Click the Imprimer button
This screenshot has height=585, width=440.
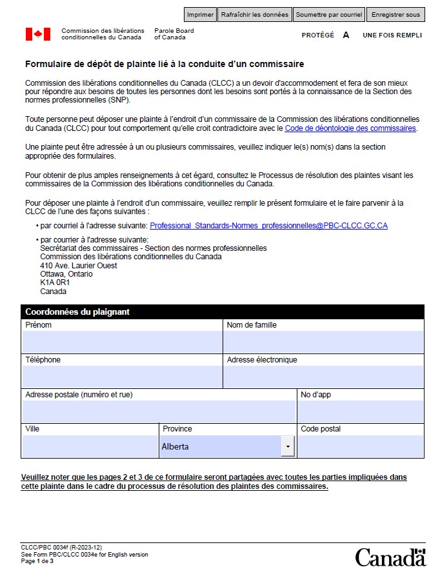[200, 15]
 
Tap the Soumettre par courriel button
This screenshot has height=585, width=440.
[329, 15]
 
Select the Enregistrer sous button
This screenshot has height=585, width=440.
[395, 15]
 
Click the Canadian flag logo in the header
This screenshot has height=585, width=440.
[38, 34]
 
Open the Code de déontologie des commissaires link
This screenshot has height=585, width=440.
[350, 128]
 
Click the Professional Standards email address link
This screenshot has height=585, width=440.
[268, 226]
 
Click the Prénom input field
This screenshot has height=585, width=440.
[122, 342]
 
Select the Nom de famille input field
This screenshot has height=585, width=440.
[323, 342]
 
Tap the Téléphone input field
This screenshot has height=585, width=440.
[122, 377]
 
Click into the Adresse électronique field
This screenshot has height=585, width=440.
[323, 377]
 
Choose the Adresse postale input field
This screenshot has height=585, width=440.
[158, 412]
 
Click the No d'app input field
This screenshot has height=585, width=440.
[360, 412]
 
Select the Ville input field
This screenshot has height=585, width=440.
[90, 446]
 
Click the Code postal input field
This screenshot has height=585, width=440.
[360, 446]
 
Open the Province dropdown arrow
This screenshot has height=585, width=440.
[288, 446]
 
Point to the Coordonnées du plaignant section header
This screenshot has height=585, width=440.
[77, 312]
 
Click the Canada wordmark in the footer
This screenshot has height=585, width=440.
[390, 557]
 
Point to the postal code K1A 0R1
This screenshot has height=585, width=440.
[55, 283]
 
